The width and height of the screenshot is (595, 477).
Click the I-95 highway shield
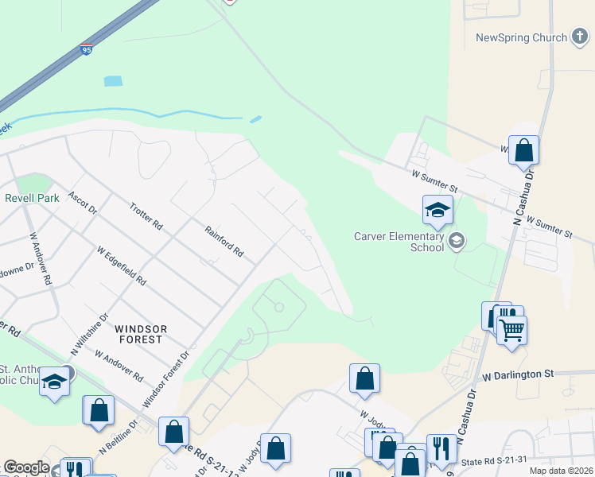click(86, 50)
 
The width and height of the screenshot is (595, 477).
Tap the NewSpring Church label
click(521, 37)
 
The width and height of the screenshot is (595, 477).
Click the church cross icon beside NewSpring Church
click(580, 37)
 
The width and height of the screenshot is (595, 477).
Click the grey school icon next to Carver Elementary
click(457, 241)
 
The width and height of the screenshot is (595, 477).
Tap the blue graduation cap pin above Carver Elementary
click(437, 211)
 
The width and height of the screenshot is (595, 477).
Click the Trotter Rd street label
click(146, 216)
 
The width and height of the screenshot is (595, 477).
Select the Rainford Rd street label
click(224, 241)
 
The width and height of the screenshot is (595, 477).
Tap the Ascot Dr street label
click(82, 204)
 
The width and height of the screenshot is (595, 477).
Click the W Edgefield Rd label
click(122, 266)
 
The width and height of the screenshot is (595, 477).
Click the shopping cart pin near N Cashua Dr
click(512, 328)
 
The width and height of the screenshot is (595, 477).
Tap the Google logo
click(26, 467)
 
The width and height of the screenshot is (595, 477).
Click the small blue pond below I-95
click(114, 81)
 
